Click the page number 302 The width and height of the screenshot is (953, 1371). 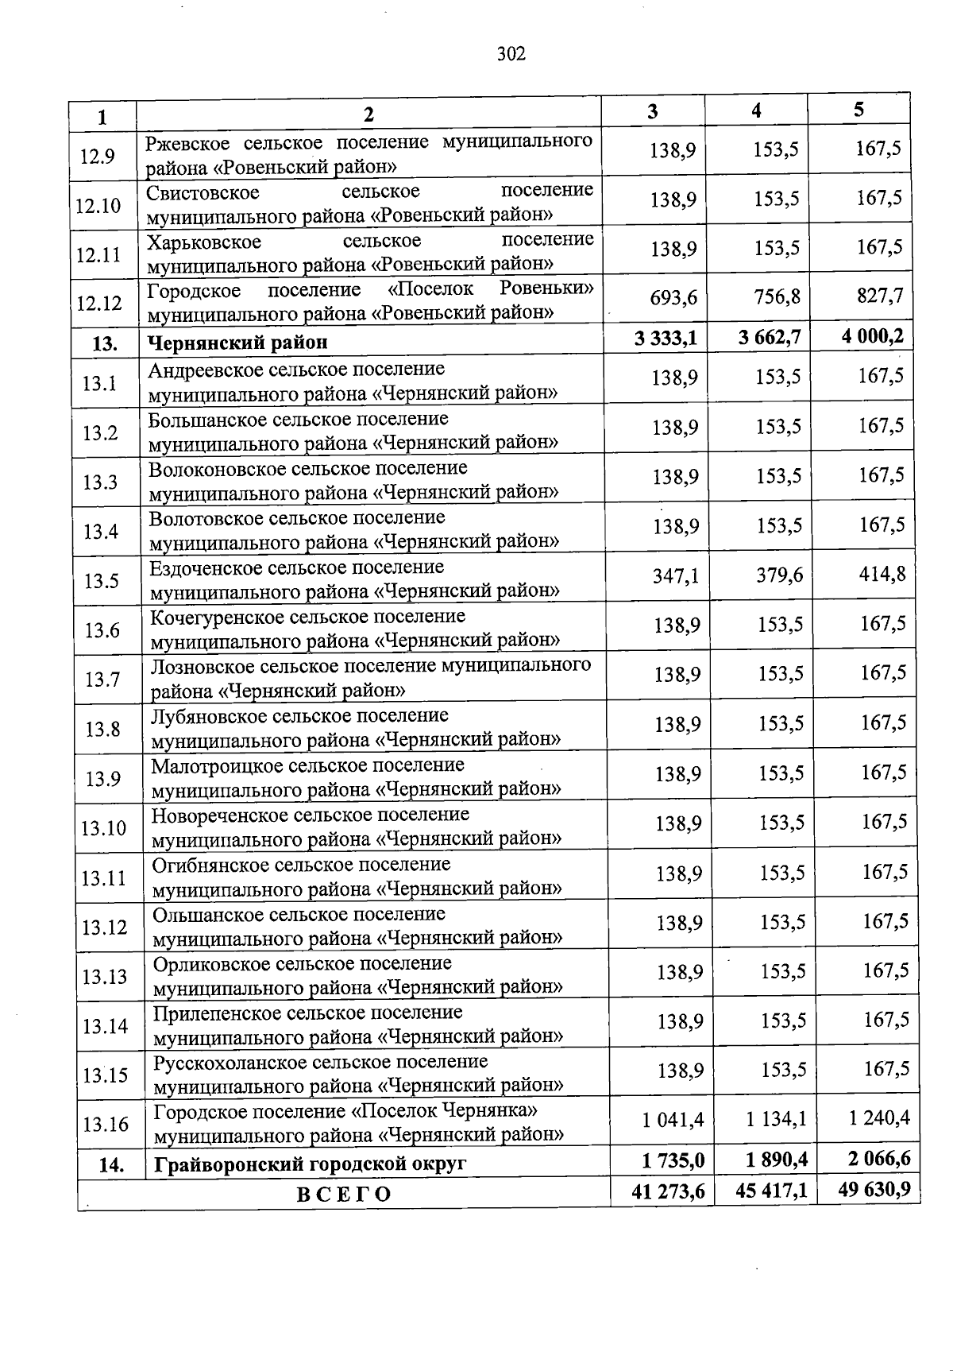point(511,54)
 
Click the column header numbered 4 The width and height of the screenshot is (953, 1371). point(756,111)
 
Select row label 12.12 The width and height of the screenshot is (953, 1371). point(99,303)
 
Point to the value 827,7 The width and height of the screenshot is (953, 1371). point(879,296)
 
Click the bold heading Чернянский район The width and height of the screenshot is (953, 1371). point(237,343)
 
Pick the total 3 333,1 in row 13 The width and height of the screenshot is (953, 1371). point(666,339)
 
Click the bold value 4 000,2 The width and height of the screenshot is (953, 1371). point(873,336)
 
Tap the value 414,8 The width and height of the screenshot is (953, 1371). point(882,573)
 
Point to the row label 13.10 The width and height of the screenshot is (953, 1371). point(103,828)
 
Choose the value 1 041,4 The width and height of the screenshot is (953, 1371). point(673,1119)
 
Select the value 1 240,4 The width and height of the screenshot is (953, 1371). point(879,1117)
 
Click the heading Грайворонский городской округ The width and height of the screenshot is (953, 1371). point(310,1164)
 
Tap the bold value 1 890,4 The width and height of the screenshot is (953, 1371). point(777,1160)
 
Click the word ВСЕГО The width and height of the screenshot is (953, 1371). point(344,1195)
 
